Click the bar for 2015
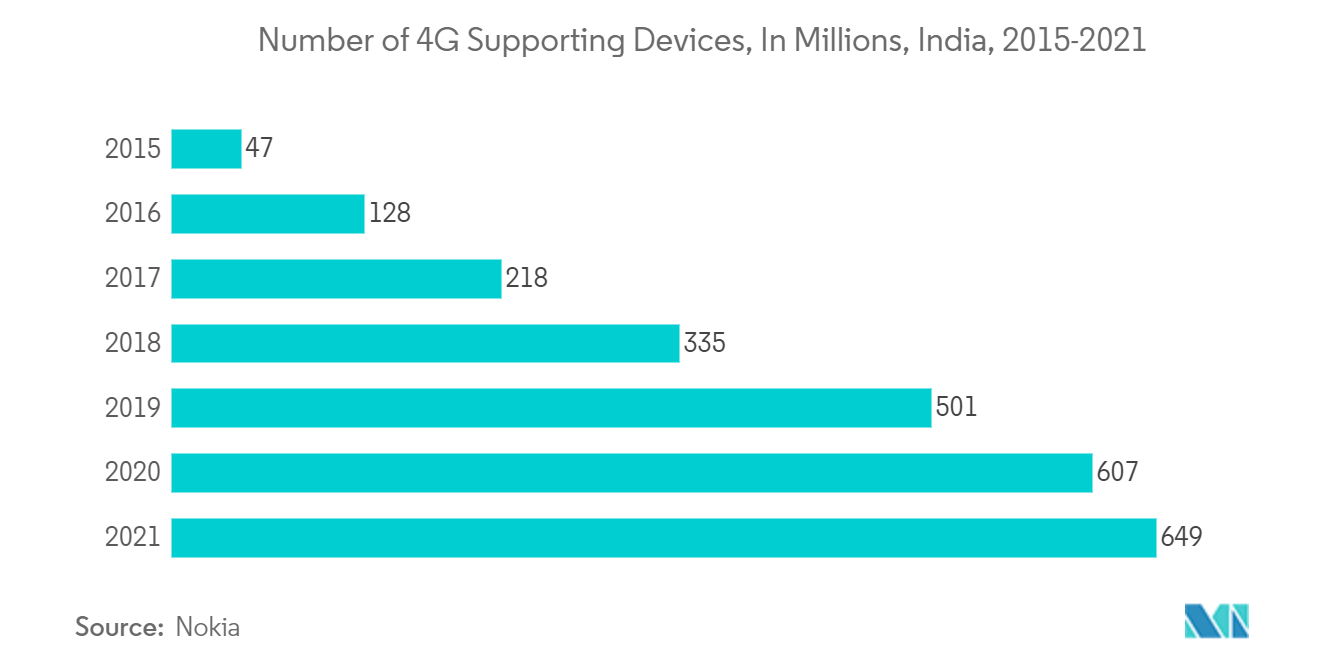pyautogui.click(x=206, y=149)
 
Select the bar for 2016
pyautogui.click(x=268, y=214)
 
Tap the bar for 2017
pyautogui.click(x=336, y=279)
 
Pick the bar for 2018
pyautogui.click(x=425, y=343)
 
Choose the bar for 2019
pyautogui.click(x=551, y=408)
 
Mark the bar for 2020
pyautogui.click(x=631, y=473)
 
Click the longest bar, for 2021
pyautogui.click(x=663, y=538)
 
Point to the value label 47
pyautogui.click(x=259, y=149)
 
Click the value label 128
pyautogui.click(x=390, y=214)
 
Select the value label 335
pyautogui.click(x=704, y=343)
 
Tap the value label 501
pyautogui.click(x=956, y=408)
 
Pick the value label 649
pyautogui.click(x=1181, y=538)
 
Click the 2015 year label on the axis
pyautogui.click(x=132, y=149)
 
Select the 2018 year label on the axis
pyautogui.click(x=132, y=343)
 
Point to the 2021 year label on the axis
pyautogui.click(x=132, y=538)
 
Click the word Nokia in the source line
pyautogui.click(x=207, y=628)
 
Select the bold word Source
pyautogui.click(x=119, y=628)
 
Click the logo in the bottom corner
pyautogui.click(x=1217, y=622)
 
